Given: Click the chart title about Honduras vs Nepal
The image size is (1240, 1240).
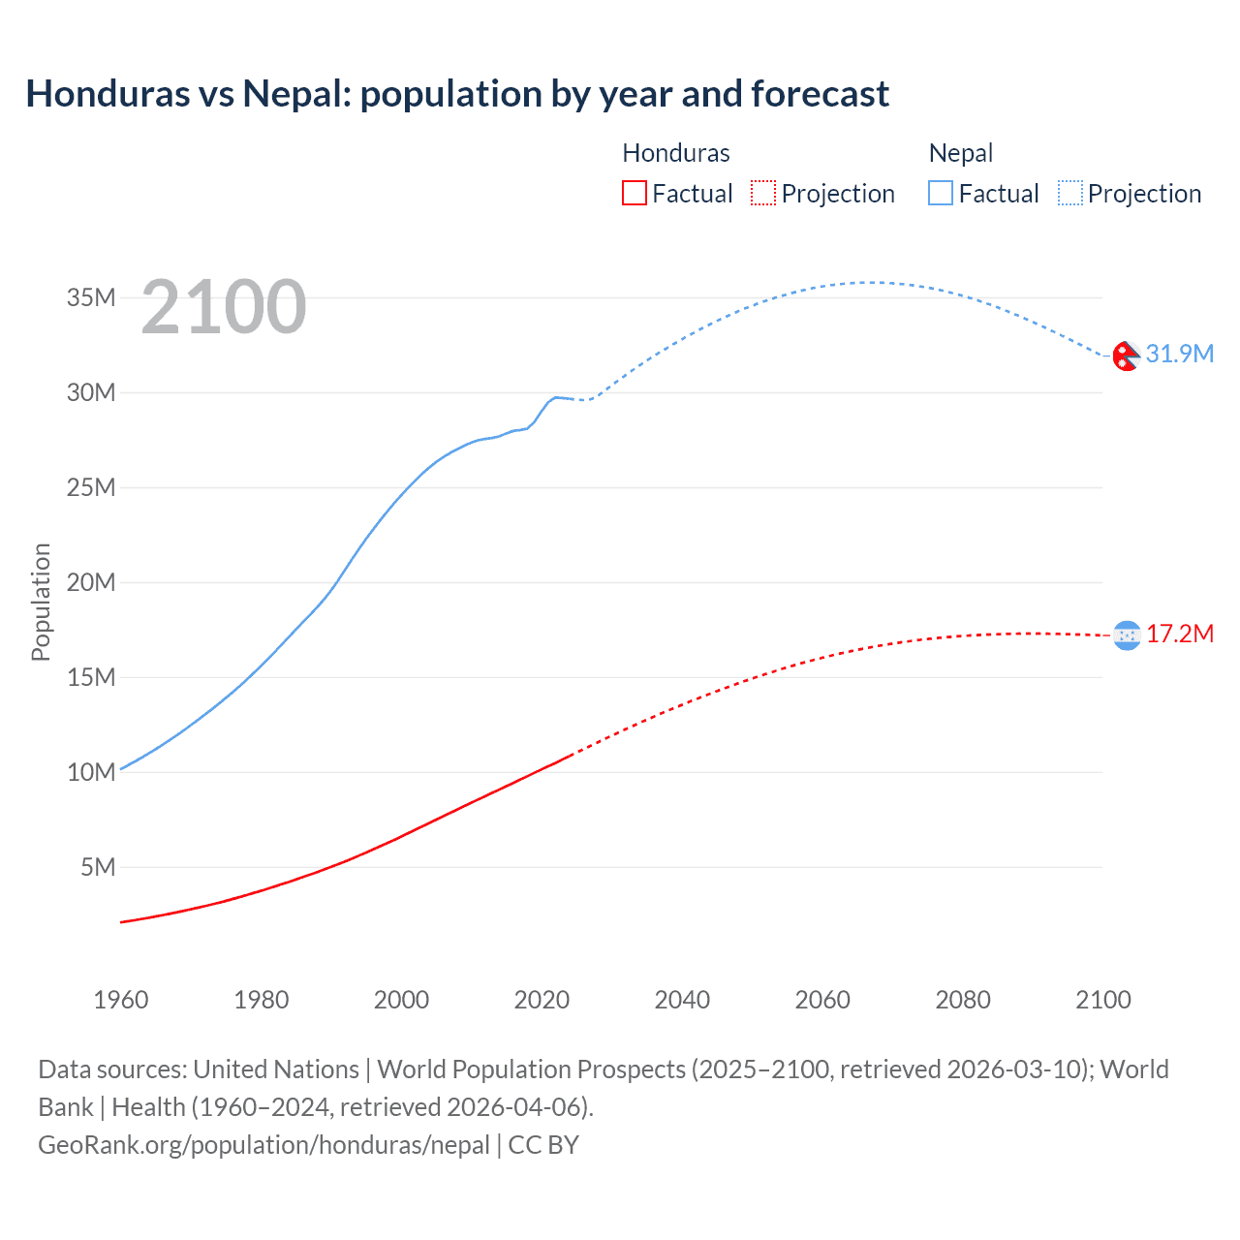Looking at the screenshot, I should tap(457, 94).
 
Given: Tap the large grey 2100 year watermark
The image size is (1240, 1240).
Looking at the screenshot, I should tap(224, 307).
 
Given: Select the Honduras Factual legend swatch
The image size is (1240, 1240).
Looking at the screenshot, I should tap(634, 193).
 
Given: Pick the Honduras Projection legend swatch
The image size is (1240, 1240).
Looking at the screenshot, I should tap(763, 193).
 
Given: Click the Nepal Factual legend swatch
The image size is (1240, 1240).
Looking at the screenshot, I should tap(941, 193).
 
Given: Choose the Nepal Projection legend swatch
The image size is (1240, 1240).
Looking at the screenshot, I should tap(1070, 193).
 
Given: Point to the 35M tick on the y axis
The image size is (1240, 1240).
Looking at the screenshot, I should tap(91, 297).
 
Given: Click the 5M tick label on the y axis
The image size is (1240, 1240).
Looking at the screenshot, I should tap(98, 867).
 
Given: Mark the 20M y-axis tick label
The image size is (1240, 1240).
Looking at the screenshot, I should tap(91, 582).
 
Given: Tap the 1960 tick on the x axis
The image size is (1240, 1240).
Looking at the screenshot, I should tap(121, 1000).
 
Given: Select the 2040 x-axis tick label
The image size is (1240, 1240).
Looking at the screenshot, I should tap(682, 1000).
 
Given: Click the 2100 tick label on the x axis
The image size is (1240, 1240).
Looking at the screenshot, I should tap(1103, 1000).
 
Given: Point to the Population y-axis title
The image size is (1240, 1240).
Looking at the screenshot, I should tap(41, 602).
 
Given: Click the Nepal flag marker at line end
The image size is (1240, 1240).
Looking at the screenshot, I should tap(1126, 356).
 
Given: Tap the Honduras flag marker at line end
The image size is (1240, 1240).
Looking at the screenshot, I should tap(1127, 635).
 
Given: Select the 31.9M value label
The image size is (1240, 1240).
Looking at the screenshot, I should tap(1179, 354).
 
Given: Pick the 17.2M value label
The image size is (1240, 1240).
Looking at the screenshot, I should tap(1179, 634).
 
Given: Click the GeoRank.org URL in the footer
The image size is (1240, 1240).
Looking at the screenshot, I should tap(263, 1145).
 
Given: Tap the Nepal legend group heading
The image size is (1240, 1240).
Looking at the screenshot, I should tap(960, 153).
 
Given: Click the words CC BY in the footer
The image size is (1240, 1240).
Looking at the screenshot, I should tap(543, 1145).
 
